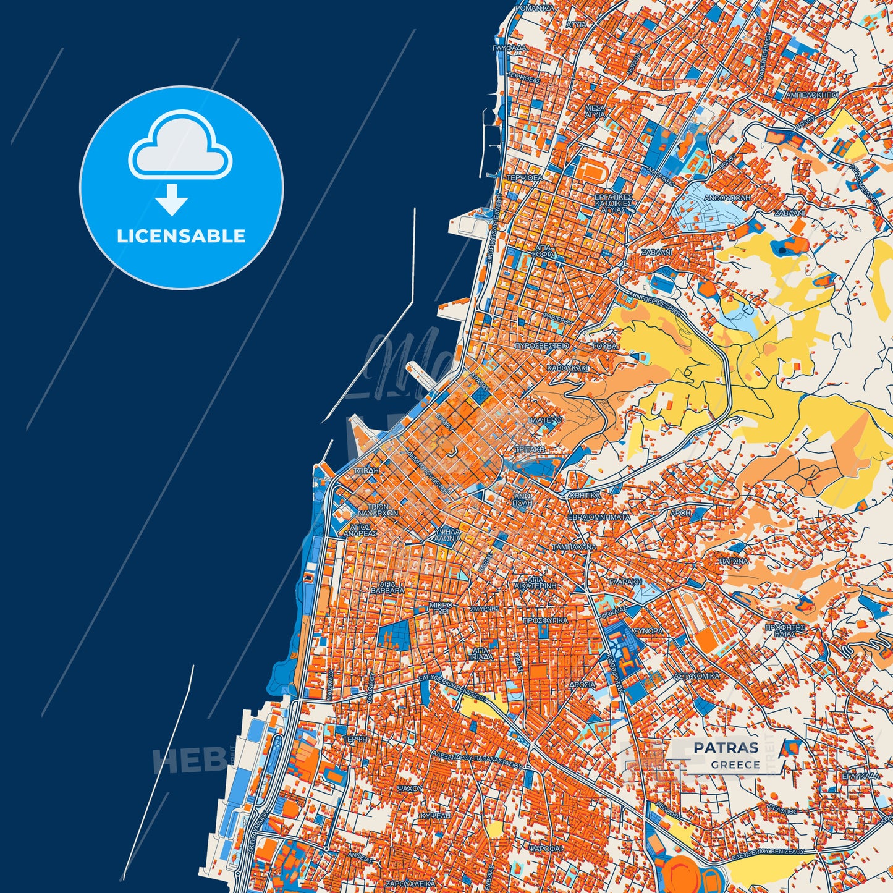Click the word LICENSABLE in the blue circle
(x=181, y=236)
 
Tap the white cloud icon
(x=180, y=146)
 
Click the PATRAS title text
(x=726, y=747)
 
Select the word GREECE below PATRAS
(x=735, y=764)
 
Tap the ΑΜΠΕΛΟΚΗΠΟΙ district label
(x=811, y=96)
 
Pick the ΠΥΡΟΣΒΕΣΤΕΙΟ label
(x=542, y=346)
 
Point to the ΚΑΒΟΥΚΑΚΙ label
(x=568, y=368)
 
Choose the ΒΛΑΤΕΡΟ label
(x=545, y=420)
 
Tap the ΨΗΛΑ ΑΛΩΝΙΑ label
(x=447, y=535)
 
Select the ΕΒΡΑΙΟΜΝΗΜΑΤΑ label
(x=599, y=517)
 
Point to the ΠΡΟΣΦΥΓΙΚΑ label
(x=545, y=619)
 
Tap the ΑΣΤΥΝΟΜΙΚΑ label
(x=696, y=676)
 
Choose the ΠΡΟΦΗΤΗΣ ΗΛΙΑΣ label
(x=785, y=630)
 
